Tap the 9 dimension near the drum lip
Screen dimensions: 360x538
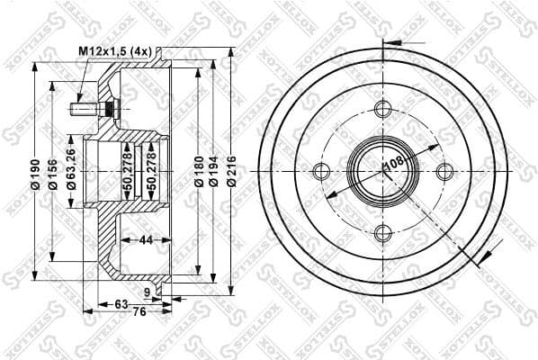coord(147,292)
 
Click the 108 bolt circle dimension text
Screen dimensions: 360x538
coord(393,165)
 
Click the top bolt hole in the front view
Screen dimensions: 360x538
coord(382,111)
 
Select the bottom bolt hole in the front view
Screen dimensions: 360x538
coord(382,234)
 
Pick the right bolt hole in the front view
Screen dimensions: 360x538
coord(444,172)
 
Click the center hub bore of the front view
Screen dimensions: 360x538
coord(382,172)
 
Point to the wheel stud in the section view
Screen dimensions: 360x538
coord(84,110)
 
